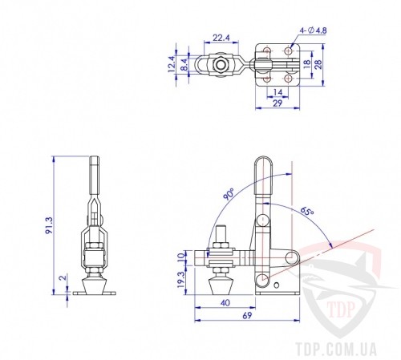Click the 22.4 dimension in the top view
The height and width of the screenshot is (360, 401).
[x=221, y=38]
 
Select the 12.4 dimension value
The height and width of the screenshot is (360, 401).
[x=172, y=64]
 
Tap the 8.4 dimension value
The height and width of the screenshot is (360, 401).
[x=184, y=65]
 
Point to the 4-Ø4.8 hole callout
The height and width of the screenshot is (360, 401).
[x=313, y=30]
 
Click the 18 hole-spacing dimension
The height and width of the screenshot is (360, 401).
[x=307, y=63]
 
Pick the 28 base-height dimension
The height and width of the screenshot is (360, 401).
[x=318, y=64]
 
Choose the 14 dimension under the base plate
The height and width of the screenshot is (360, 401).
[x=277, y=92]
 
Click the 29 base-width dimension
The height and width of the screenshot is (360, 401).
[x=277, y=103]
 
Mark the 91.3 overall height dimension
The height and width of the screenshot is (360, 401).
[x=49, y=225]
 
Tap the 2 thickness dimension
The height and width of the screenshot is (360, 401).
[x=63, y=277]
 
